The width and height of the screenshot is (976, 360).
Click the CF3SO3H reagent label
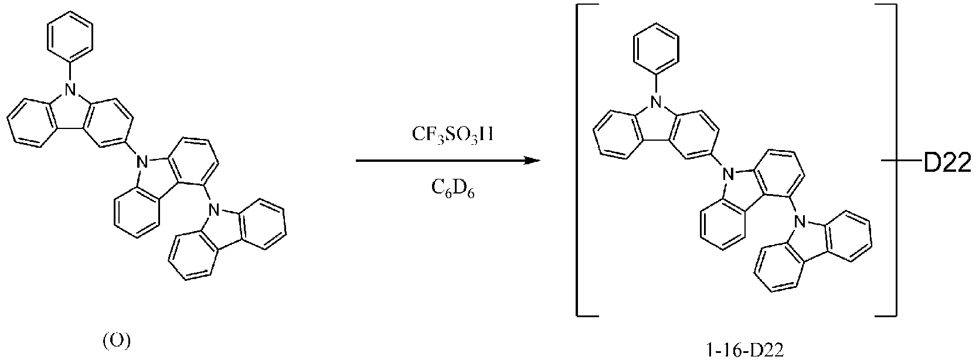(453, 135)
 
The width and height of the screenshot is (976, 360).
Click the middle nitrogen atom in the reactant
(140, 162)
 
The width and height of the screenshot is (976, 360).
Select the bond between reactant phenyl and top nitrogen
(70, 73)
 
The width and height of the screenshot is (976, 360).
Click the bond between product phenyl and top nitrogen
(655, 86)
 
